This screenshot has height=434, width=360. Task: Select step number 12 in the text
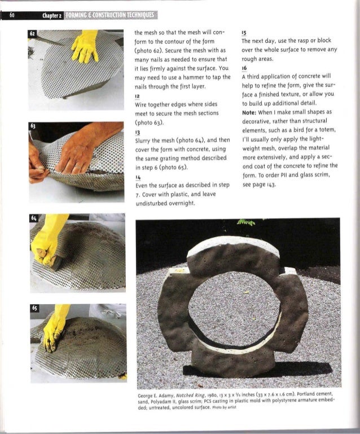137,97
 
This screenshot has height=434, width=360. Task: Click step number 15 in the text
244,33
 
